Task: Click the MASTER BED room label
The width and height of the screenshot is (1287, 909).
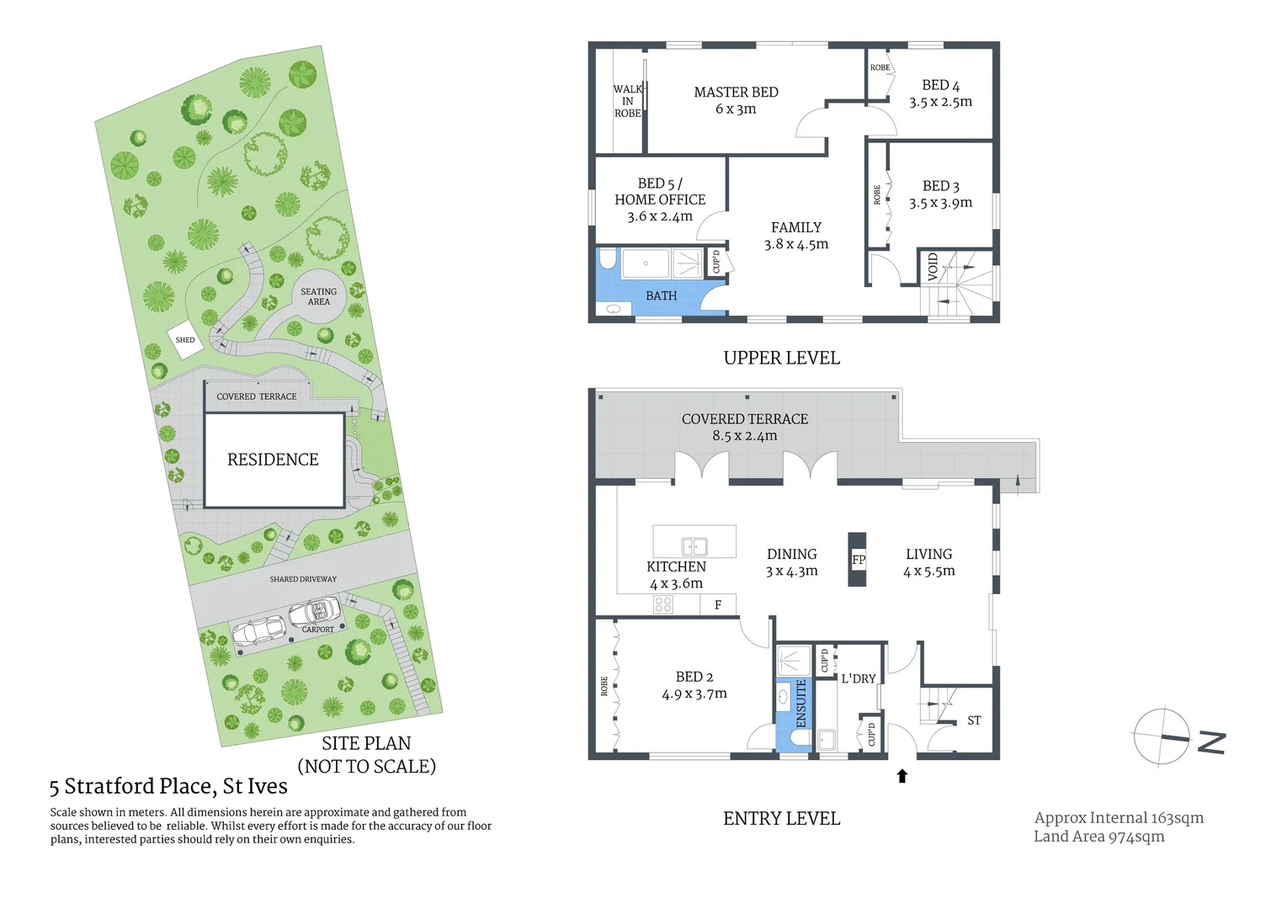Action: [x=736, y=93]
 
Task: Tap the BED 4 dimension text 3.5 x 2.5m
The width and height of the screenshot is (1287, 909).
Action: [x=940, y=102]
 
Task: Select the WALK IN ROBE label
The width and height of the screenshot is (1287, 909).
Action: [x=627, y=101]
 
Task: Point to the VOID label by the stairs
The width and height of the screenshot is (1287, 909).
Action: [x=933, y=268]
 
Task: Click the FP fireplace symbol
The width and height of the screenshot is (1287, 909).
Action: [x=858, y=560]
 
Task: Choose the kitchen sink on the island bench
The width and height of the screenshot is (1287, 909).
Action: [x=694, y=545]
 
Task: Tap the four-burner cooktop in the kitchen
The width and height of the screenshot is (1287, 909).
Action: [x=663, y=603]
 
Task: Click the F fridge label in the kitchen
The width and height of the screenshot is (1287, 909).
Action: [x=718, y=604]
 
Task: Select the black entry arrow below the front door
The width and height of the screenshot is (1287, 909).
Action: [x=902, y=776]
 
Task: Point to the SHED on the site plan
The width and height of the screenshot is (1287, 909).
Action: [x=185, y=340]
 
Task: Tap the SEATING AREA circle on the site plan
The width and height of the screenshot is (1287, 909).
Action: [x=318, y=296]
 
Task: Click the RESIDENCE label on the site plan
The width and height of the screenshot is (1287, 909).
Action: [x=273, y=460]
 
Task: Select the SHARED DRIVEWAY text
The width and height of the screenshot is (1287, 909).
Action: [x=303, y=579]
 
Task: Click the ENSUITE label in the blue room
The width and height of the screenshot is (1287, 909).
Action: [x=800, y=704]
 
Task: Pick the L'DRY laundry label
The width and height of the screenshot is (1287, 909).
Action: [x=859, y=678]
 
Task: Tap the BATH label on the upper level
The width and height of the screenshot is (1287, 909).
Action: [x=661, y=295]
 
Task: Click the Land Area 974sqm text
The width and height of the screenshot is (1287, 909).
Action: [x=1098, y=836]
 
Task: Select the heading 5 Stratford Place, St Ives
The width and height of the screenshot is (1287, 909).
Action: [x=168, y=786]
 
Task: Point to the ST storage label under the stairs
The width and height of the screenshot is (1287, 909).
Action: [x=974, y=720]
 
